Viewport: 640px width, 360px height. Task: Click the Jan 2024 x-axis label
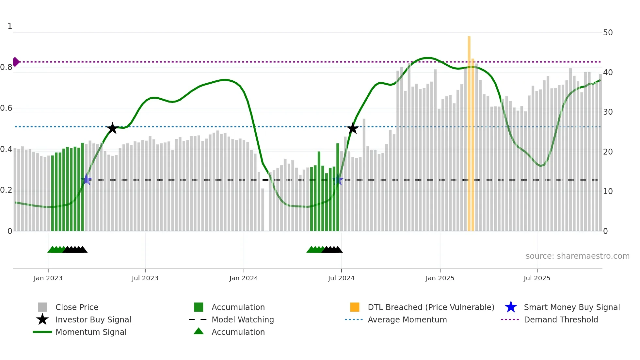(x=244, y=278)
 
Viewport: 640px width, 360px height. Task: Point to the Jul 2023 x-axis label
(x=145, y=278)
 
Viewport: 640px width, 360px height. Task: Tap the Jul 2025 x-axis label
(x=537, y=278)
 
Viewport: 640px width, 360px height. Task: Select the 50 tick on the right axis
(x=608, y=33)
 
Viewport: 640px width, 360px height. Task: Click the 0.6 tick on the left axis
(x=6, y=108)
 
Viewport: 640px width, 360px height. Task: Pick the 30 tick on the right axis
(x=608, y=112)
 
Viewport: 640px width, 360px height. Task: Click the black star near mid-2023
(x=112, y=128)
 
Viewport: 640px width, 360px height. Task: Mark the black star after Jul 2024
(x=353, y=128)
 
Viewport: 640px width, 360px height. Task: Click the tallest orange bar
(x=469, y=131)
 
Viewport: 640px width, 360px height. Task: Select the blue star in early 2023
(x=87, y=179)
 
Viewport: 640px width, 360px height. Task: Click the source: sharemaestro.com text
(x=577, y=256)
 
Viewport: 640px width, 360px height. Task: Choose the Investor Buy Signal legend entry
(x=93, y=319)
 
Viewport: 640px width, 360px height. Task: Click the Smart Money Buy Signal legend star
(x=511, y=307)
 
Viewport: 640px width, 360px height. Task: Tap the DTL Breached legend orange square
(x=355, y=307)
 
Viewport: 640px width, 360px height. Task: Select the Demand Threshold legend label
(x=561, y=319)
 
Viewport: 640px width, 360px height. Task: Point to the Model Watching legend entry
(x=243, y=319)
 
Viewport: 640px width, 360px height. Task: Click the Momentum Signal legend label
(x=91, y=332)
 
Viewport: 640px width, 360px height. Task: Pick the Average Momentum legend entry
(x=407, y=319)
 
